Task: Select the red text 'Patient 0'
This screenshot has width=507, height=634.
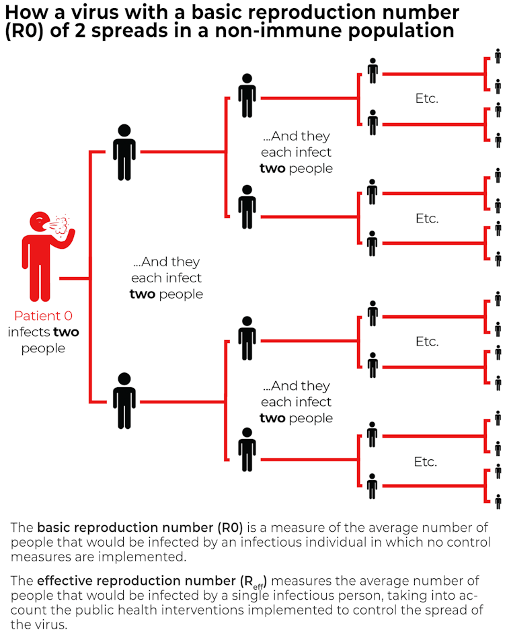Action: click(x=43, y=316)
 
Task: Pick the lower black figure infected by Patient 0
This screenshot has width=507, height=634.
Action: click(x=124, y=400)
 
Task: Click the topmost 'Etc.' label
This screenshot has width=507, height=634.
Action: click(x=427, y=98)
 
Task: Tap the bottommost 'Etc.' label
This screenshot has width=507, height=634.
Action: click(x=426, y=462)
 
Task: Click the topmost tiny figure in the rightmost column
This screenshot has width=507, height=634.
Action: click(x=498, y=55)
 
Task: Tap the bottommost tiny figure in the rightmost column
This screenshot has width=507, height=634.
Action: click(x=498, y=502)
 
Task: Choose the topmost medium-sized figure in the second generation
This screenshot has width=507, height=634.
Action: click(x=247, y=95)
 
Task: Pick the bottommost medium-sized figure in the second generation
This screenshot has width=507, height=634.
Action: click(x=247, y=454)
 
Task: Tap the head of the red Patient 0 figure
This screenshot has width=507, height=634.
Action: click(x=40, y=221)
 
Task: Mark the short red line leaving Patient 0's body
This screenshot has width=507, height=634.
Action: click(x=74, y=278)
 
